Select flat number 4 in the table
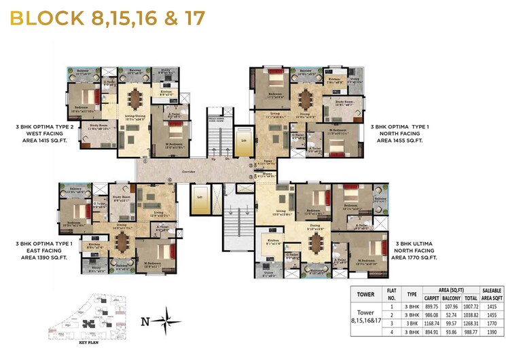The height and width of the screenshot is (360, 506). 391,332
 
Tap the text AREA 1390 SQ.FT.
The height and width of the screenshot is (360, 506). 42,259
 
